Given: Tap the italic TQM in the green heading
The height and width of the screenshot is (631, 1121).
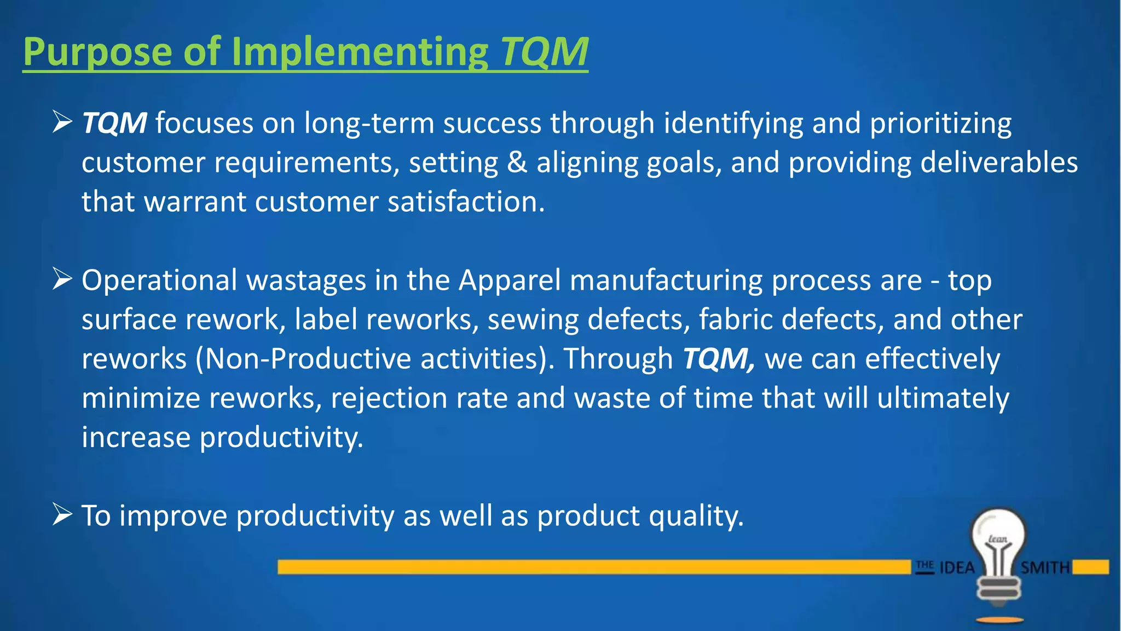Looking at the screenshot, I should click(x=544, y=53).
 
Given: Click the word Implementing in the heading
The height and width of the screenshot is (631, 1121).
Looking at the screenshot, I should click(x=360, y=53).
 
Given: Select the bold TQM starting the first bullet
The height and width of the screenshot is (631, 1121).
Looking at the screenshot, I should click(x=114, y=123).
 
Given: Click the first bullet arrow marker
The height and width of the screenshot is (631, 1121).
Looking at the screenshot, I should click(x=62, y=122).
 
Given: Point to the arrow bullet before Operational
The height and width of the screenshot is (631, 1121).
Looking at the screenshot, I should click(x=62, y=279).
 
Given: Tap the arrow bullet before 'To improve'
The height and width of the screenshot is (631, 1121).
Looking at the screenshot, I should click(x=62, y=515).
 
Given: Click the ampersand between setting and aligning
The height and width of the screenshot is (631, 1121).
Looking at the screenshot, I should click(x=517, y=163).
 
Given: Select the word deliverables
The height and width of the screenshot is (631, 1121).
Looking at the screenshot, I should click(x=999, y=163).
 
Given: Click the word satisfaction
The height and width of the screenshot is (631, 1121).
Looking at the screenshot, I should click(x=466, y=202).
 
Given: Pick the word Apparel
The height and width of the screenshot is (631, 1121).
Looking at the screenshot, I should click(x=510, y=280).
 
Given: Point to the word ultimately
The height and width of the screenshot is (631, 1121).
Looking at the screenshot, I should click(x=943, y=398).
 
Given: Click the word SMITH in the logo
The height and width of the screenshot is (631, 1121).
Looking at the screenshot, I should click(x=1045, y=567).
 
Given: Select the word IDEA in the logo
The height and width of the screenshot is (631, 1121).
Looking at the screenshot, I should click(x=957, y=567).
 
